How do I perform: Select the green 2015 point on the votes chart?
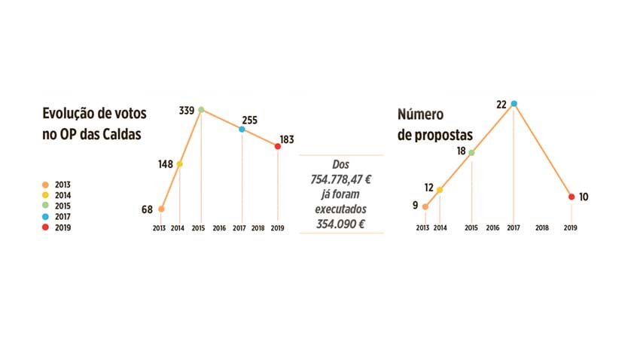point(201,110)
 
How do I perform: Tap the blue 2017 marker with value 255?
point(242,130)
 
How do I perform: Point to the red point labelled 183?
point(278,147)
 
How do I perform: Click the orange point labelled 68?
point(161,209)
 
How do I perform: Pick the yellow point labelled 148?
point(179,164)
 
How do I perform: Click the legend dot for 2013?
point(46,184)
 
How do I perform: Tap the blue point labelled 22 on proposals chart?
point(514,103)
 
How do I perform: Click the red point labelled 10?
point(571,197)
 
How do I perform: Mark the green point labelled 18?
point(472,152)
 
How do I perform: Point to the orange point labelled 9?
point(425,206)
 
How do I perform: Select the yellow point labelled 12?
point(440,190)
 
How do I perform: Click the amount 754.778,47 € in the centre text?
point(342,179)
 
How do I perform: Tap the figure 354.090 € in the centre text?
point(342,224)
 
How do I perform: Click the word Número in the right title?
point(421,114)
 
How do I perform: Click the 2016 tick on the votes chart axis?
point(219,227)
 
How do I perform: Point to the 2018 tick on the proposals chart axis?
point(541,227)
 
